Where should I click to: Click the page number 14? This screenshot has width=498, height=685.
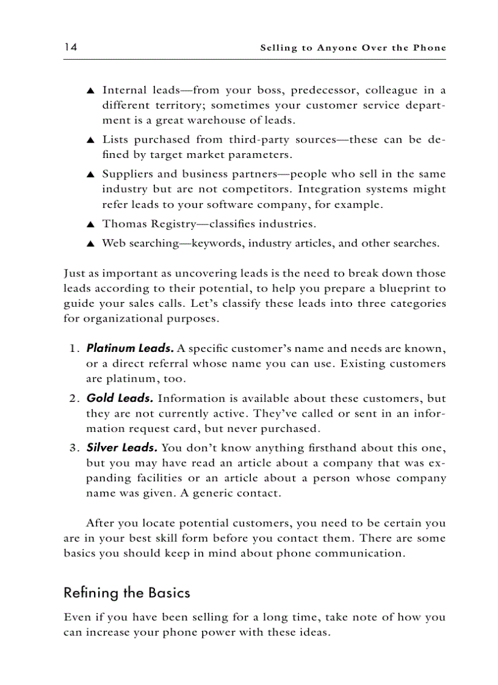click(x=70, y=47)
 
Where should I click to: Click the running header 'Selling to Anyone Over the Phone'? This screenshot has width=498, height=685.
click(x=353, y=48)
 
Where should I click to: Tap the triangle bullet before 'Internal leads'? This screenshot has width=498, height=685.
click(x=90, y=91)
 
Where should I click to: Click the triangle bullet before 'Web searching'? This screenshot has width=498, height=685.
click(x=90, y=243)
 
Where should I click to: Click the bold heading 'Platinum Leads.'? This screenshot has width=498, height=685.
click(x=130, y=349)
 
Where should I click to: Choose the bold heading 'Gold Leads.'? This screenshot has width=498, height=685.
click(x=120, y=398)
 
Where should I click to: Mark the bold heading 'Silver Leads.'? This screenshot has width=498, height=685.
click(x=121, y=448)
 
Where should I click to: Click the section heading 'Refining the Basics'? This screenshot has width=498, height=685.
click(x=127, y=593)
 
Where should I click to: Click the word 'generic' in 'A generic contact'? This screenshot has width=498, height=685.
click(x=213, y=493)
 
